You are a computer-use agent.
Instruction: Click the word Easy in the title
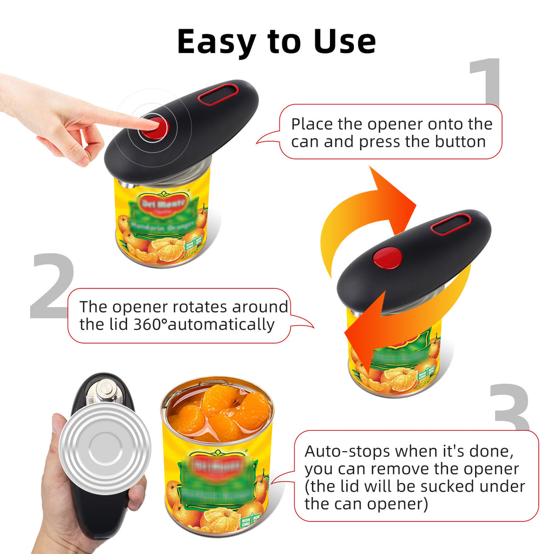[219, 42]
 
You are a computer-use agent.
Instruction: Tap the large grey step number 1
[485, 81]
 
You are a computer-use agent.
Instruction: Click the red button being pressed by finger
[156, 128]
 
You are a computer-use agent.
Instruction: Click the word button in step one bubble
[460, 142]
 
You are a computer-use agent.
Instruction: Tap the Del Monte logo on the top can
[163, 203]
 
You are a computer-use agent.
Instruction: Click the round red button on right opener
[388, 258]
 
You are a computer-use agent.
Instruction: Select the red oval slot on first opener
[218, 94]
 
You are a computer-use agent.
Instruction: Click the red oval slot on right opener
[451, 223]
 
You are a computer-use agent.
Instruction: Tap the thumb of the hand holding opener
[57, 433]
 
